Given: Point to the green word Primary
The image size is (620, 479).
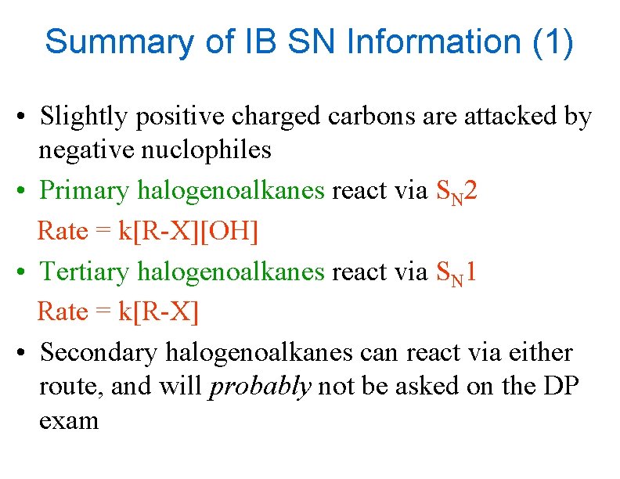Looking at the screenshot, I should (85, 190).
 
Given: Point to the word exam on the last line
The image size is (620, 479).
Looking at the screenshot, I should (69, 420).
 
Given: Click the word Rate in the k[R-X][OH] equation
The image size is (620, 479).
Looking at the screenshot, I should (63, 232).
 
